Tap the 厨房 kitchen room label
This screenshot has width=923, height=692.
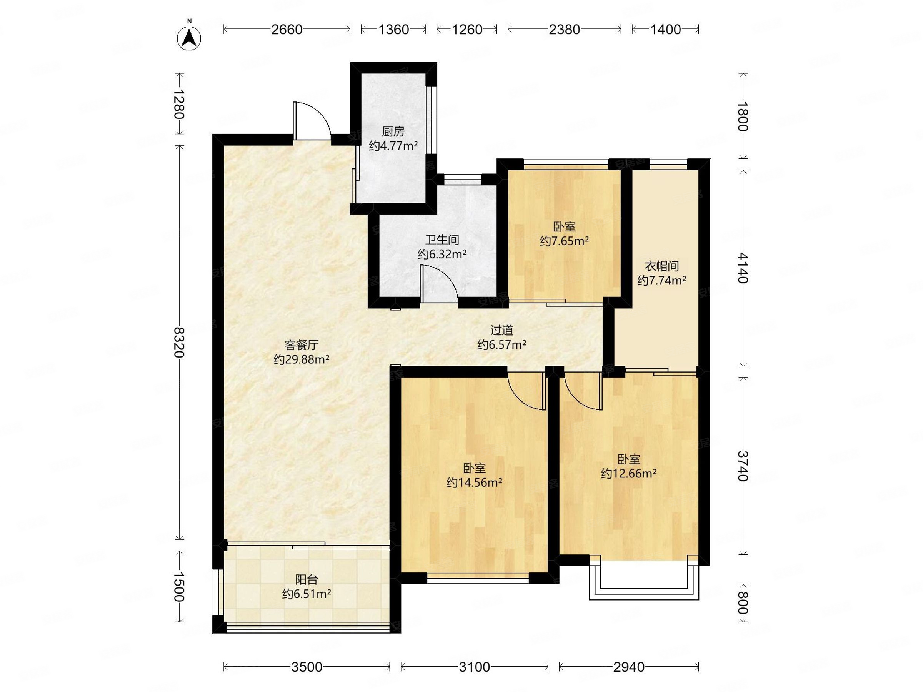(393, 132)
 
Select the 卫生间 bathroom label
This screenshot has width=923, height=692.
(442, 240)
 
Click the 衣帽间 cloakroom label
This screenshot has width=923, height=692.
(662, 266)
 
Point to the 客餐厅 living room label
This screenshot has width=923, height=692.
(301, 345)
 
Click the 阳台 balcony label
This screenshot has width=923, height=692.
(307, 579)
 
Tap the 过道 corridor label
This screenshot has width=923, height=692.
(501, 330)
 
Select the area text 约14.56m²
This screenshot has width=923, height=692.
(474, 482)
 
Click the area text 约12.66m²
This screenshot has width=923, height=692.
(629, 473)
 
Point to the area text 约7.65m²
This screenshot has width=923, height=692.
(564, 241)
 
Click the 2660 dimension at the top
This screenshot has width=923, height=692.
(287, 30)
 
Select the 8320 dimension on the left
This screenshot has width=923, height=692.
(179, 343)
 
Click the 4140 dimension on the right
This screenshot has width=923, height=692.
(742, 268)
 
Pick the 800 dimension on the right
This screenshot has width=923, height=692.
(742, 603)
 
